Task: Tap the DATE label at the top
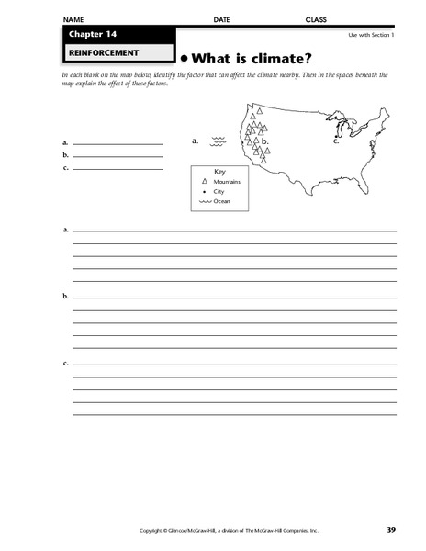point(221,19)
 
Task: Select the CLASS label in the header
point(316,19)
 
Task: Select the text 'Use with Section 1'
point(370,35)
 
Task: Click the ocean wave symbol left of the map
point(219,141)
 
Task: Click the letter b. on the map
point(264,142)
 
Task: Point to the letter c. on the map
point(336,142)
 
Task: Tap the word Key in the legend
point(219,172)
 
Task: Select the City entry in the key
point(219,192)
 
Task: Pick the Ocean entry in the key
point(221,201)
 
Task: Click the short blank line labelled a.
point(118,144)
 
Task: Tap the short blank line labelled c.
point(118,169)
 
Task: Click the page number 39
point(390,530)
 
